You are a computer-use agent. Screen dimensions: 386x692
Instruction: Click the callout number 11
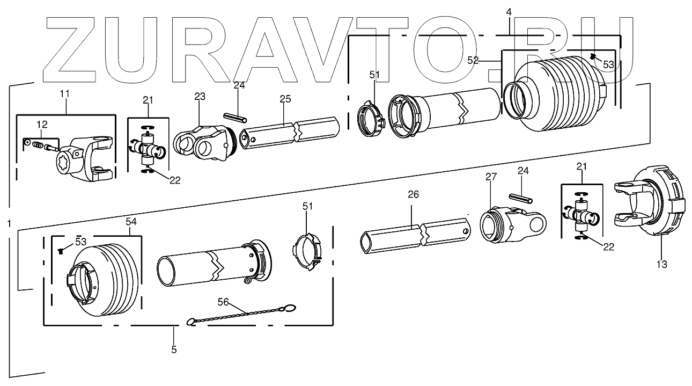click(64, 94)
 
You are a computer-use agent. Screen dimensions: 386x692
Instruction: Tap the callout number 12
click(42, 125)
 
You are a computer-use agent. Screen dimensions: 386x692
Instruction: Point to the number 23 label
click(200, 97)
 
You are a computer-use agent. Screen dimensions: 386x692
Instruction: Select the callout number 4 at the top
click(509, 11)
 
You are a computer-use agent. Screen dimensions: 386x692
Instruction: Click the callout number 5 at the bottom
click(174, 349)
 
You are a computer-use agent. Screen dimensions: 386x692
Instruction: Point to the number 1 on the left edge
click(9, 222)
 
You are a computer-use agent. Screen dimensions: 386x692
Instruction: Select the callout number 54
click(131, 221)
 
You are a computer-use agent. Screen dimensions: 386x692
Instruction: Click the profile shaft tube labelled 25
click(290, 132)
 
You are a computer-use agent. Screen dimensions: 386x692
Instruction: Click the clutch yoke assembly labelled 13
click(652, 201)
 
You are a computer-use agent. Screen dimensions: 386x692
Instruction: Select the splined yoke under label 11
click(86, 161)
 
